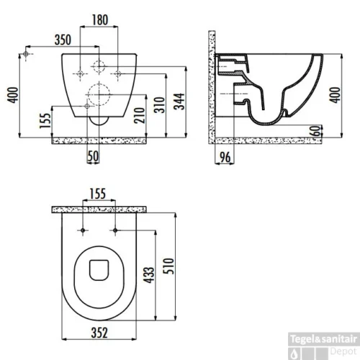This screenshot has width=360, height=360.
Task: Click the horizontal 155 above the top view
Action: point(99,193)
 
